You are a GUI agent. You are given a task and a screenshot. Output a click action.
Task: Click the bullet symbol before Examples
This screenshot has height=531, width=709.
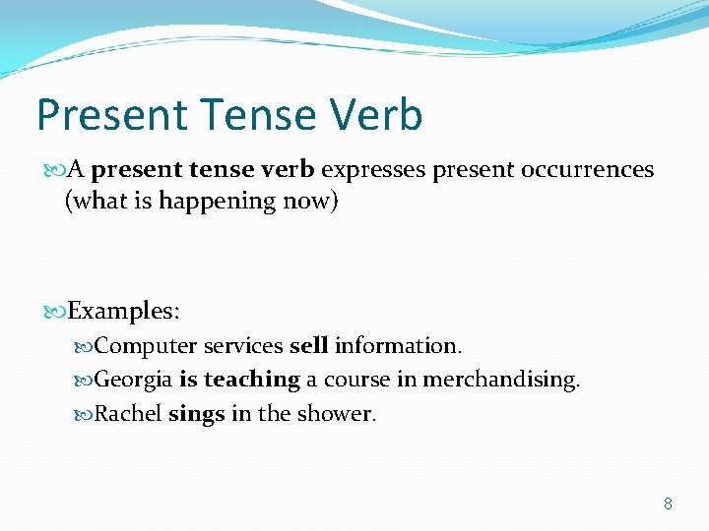55,312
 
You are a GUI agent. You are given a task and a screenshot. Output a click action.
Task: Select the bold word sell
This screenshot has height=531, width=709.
308,346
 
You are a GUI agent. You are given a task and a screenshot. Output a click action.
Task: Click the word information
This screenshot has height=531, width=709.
398,346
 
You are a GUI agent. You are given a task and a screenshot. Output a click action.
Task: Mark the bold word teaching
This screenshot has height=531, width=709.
251,380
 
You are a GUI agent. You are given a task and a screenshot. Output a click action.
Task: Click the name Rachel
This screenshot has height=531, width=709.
128,414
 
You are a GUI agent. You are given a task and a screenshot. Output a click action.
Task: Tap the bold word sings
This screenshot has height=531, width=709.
197,414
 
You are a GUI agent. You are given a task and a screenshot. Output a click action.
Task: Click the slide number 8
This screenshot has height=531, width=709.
668,503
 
